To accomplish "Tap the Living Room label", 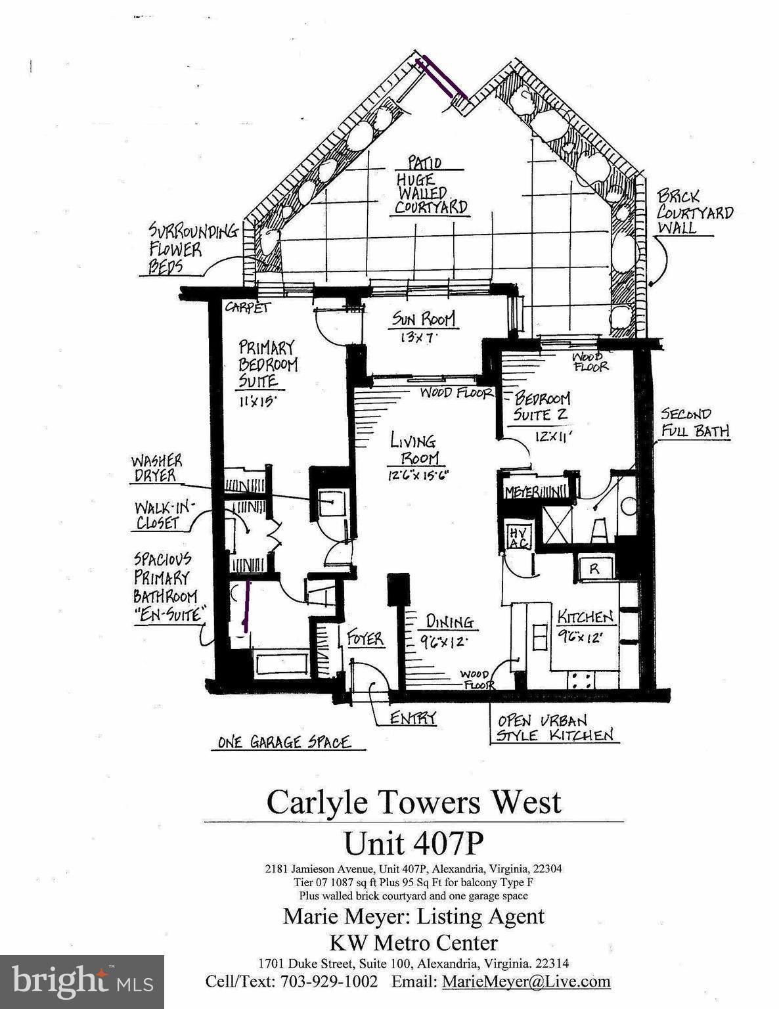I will [x=414, y=449].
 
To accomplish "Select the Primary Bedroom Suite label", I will [x=267, y=363].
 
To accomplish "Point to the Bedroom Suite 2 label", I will [x=542, y=407].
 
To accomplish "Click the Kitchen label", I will [x=585, y=617].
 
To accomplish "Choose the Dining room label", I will [x=449, y=621].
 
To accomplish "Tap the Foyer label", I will [x=365, y=638].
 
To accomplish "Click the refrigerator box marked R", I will [x=594, y=569].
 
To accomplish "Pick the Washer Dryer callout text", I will [x=156, y=468].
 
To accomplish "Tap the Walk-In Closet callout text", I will [x=158, y=515].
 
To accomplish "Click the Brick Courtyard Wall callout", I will [x=694, y=212].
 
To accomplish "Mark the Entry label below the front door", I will [x=413, y=718].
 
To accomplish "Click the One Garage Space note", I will [x=284, y=742].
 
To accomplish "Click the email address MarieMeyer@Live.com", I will [x=526, y=981].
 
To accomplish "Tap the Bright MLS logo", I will [x=82, y=982].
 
